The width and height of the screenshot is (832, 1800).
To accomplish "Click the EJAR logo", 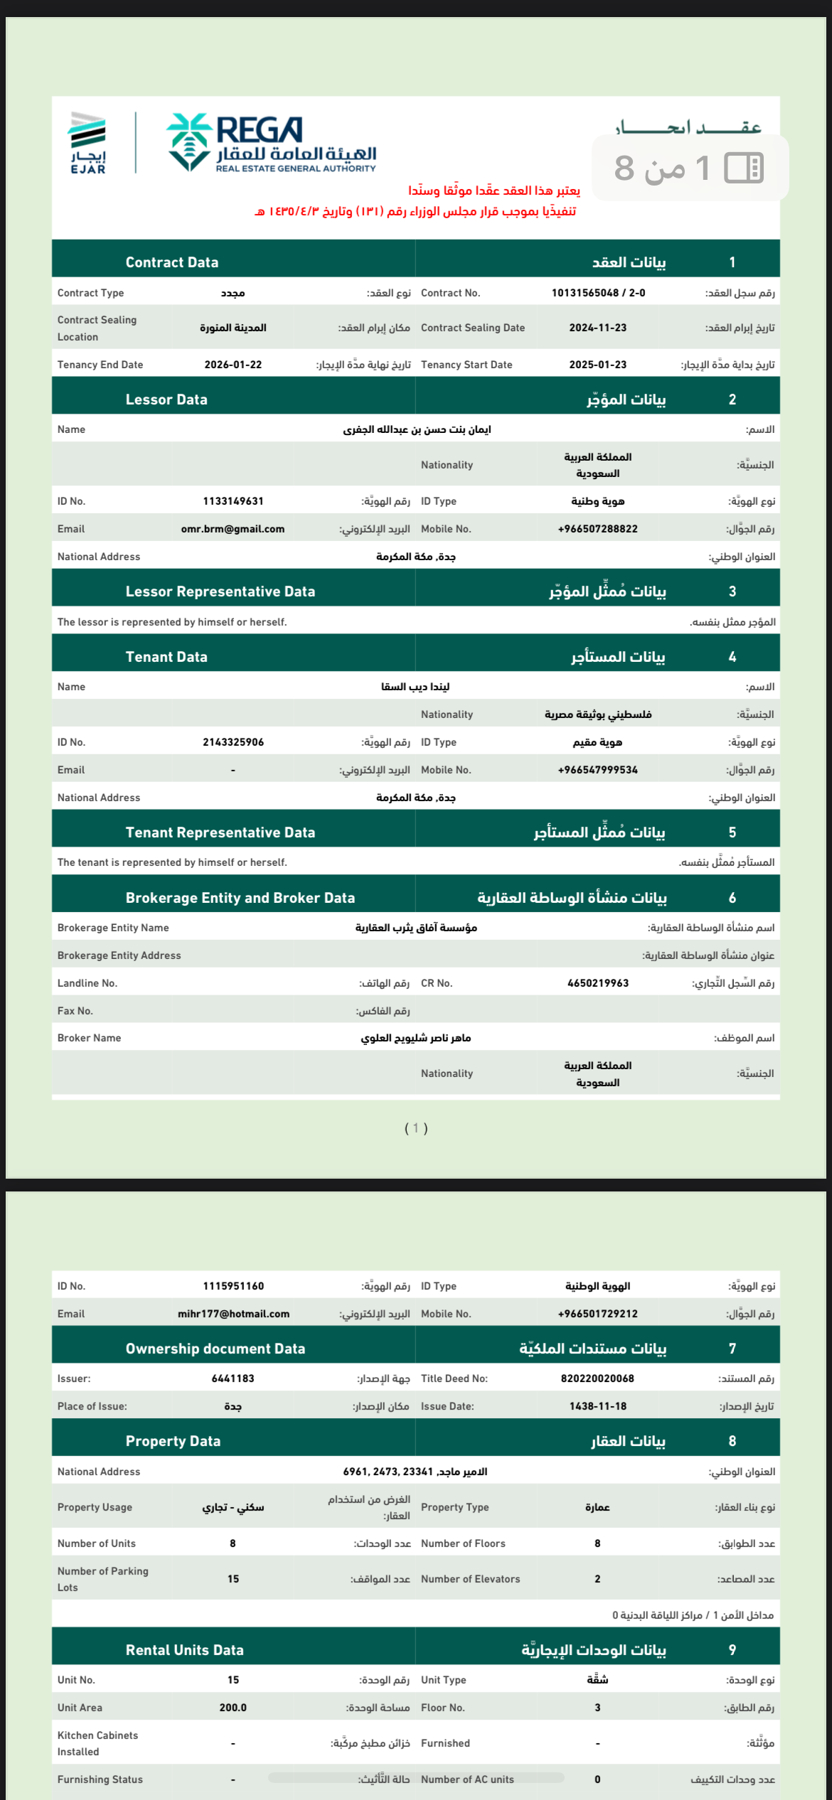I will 87,143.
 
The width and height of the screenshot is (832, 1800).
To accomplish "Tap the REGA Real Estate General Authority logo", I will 271,143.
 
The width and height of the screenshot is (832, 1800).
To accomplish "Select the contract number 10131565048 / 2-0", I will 598,293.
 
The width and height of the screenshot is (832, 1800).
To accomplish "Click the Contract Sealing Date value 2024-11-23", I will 597,328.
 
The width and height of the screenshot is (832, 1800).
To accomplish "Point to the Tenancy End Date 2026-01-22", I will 233,365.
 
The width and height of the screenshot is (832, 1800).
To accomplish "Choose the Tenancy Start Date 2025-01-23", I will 597,365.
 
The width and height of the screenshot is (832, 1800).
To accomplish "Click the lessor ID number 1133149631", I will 233,501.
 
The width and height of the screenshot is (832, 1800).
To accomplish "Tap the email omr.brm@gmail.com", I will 233,529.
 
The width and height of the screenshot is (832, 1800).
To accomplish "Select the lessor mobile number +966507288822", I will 597,529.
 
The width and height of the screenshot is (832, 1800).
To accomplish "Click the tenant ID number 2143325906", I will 233,742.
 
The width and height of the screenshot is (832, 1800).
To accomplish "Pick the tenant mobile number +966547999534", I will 597,770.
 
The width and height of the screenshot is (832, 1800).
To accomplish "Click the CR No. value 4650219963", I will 597,983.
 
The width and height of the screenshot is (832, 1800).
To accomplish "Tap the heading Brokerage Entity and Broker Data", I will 240,898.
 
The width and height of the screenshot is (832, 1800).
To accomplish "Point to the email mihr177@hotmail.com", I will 233,1314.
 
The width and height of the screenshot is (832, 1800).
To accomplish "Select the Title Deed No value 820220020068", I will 597,1378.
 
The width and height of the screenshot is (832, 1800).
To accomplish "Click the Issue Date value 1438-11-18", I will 597,1406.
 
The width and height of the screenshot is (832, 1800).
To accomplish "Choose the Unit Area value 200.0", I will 233,1708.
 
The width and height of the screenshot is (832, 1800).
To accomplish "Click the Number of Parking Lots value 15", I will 233,1579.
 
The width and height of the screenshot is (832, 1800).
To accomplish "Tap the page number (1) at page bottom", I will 416,1128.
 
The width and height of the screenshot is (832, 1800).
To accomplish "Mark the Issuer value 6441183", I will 233,1378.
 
